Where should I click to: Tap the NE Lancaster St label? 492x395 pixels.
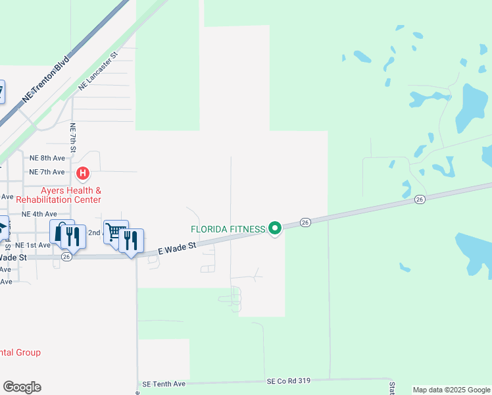tap(97, 72)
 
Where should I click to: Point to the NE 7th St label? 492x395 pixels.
tap(73, 140)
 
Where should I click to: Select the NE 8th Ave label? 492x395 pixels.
tap(47, 158)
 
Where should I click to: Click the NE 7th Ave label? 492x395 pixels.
tap(47, 172)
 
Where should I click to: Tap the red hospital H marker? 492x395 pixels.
tap(83, 174)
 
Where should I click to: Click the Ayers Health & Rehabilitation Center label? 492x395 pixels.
tap(59, 195)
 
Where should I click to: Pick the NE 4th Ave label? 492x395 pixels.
tap(39, 214)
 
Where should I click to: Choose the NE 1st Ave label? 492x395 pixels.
tap(34, 245)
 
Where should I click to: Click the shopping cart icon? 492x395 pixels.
tap(115, 231)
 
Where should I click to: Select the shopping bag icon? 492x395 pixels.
tap(61, 231)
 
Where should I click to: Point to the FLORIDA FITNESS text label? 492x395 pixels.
tap(228, 229)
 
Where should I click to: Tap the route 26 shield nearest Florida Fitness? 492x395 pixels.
tap(305, 223)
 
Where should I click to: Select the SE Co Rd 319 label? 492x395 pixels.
tap(288, 381)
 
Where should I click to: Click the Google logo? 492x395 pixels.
tap(22, 387)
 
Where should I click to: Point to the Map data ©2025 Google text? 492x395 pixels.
tap(451, 390)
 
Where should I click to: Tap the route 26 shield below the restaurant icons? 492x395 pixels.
tap(66, 257)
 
